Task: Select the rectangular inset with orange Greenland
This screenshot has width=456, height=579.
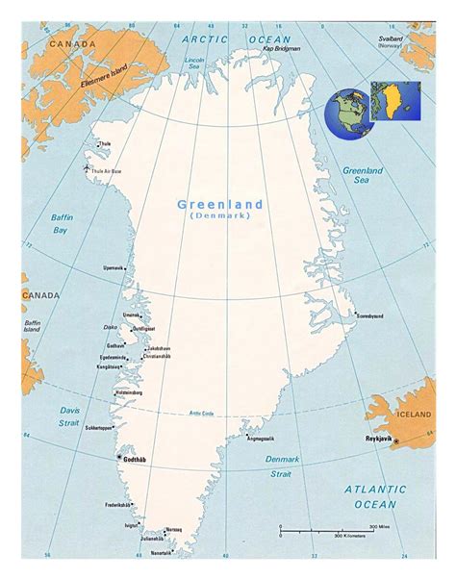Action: (x=396, y=100)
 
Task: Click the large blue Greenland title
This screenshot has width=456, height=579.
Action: (x=219, y=204)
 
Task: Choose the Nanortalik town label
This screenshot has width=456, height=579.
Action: (x=161, y=553)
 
